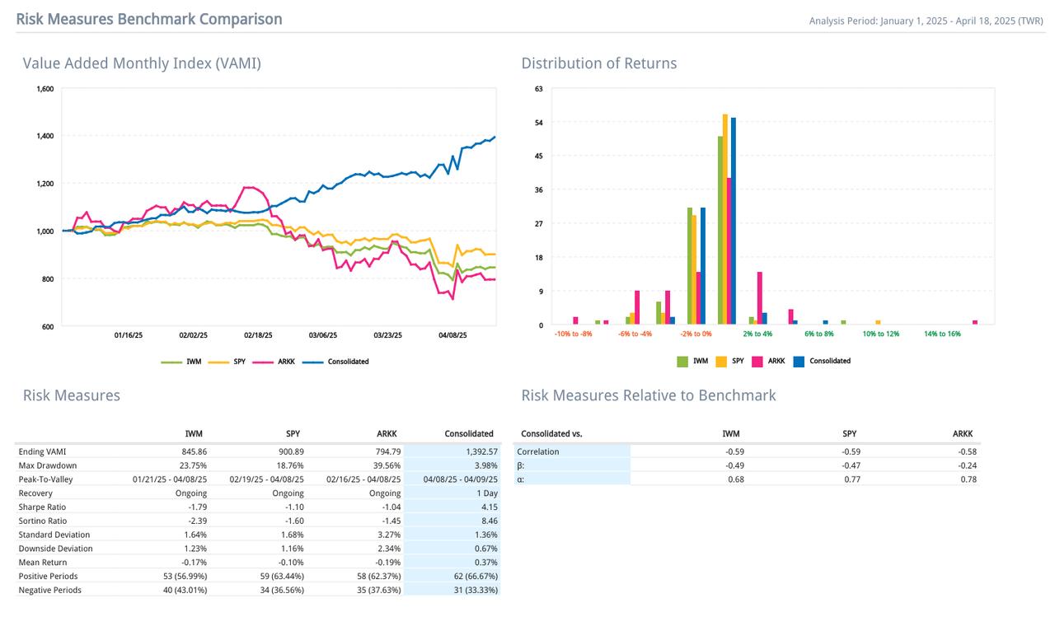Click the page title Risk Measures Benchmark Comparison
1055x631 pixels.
pos(148,19)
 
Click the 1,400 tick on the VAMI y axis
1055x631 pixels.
pos(45,136)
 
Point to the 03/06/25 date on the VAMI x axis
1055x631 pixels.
pos(323,335)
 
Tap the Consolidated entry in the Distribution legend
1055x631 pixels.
pos(829,361)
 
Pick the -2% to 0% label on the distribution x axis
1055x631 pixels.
pos(696,334)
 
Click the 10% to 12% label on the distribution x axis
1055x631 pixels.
pos(880,334)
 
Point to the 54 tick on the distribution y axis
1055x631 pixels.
pos(539,123)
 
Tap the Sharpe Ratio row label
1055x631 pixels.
pos(42,507)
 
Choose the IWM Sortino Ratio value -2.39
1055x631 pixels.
pos(194,521)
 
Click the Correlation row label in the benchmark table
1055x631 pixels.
pos(537,451)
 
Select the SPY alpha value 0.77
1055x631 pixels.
pos(850,479)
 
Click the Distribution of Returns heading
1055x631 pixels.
pos(598,63)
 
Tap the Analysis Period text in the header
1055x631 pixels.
pos(926,21)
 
